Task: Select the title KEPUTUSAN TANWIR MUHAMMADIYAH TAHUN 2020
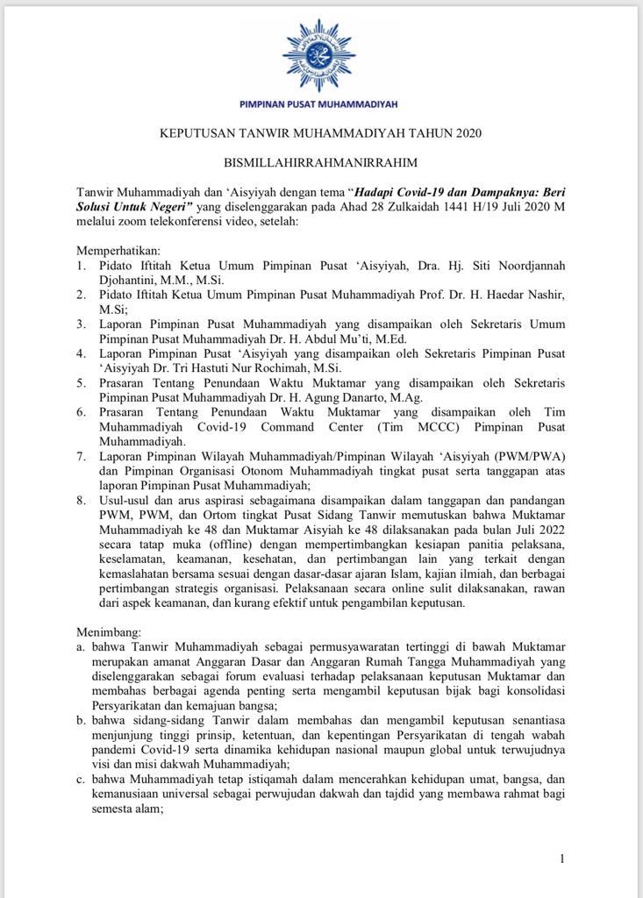coord(320,133)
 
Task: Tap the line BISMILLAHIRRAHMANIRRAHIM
coord(320,162)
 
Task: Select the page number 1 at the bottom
coord(561,859)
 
